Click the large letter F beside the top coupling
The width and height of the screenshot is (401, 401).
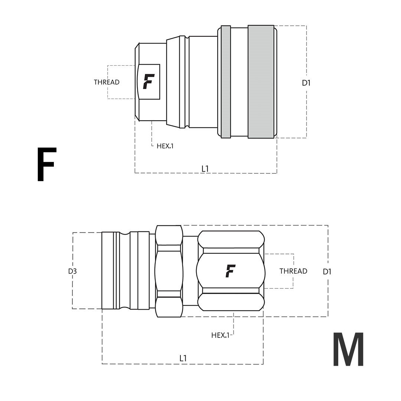point(46,164)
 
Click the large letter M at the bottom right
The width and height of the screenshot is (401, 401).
point(348,349)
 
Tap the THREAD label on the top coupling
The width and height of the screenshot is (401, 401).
point(107,82)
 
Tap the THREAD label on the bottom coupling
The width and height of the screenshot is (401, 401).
point(293,271)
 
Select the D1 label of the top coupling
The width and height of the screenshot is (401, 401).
point(306,83)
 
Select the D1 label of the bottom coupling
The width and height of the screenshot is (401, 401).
point(327,271)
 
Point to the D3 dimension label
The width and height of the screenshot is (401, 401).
point(72,271)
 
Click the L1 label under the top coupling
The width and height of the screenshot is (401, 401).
point(205,169)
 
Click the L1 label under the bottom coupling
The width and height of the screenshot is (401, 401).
point(183,358)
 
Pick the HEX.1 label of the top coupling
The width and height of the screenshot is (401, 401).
point(165,146)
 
